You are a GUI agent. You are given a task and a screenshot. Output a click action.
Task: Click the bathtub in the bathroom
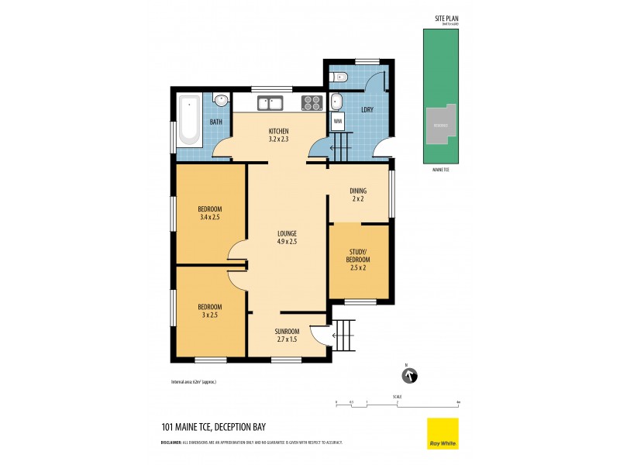coord(189,121)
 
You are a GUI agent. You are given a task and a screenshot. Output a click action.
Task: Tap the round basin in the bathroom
coord(220,99)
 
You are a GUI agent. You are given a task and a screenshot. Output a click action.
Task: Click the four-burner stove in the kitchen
coord(312,102)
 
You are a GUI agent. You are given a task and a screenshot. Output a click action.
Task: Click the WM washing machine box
coord(338,122)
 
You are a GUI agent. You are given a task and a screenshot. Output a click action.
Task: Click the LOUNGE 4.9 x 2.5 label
coord(288,237)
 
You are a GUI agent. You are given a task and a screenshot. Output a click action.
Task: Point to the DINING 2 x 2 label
coord(357,195)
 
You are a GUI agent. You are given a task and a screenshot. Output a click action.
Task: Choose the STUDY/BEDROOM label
coord(358,259)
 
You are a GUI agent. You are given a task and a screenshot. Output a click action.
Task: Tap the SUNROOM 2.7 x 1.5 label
coord(287,335)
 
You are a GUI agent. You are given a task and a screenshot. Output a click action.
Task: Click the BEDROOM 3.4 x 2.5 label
coord(210,213)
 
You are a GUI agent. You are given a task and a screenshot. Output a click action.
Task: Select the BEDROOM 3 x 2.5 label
coord(210,311)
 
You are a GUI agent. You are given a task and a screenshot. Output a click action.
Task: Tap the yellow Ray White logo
coord(443,433)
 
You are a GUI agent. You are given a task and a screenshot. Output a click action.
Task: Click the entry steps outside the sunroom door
coord(345,335)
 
